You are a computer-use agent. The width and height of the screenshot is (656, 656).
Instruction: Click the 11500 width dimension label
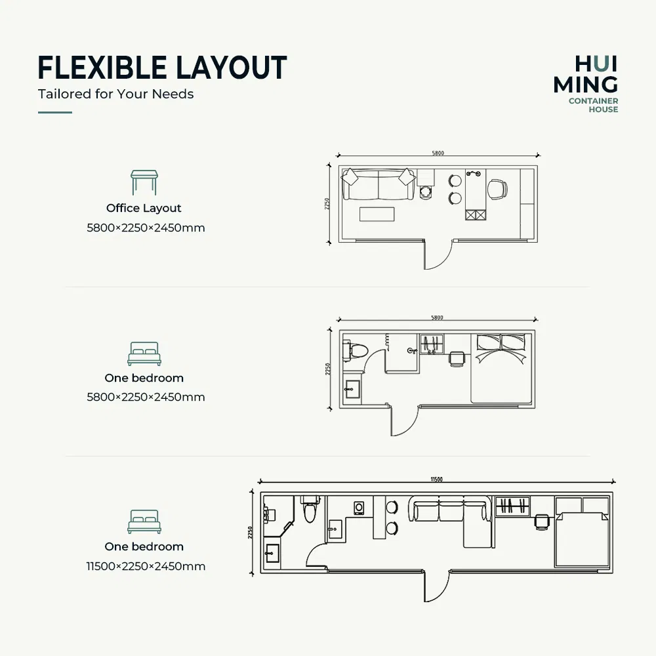pos(436,479)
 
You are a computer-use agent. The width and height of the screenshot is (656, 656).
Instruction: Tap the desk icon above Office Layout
pos(144,182)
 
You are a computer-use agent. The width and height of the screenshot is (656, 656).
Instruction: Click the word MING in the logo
pos(585,84)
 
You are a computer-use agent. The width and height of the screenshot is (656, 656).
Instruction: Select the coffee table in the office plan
pos(377,214)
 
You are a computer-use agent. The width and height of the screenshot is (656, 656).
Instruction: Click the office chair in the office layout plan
pos(497,189)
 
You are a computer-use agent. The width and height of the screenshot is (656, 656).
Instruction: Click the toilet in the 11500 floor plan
pos(310,509)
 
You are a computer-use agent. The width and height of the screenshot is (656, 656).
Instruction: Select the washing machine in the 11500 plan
pos(359,508)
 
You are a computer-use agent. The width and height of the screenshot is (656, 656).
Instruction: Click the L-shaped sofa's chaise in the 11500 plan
pos(478,534)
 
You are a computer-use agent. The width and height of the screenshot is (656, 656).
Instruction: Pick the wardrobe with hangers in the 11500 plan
pos(512,506)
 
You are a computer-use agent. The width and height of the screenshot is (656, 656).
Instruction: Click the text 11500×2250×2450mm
pos(146,566)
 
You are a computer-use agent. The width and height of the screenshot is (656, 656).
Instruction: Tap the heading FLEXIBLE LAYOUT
pos(162,68)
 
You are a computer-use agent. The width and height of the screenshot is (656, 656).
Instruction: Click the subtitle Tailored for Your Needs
pos(116,94)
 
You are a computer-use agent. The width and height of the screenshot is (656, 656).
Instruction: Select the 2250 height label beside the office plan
pos(327,204)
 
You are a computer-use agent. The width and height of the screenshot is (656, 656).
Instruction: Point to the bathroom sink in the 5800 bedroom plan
pos(352,392)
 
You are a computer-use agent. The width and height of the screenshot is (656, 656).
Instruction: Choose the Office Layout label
pos(144,208)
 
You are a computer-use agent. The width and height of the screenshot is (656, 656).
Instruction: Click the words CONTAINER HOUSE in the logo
pos(593,105)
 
